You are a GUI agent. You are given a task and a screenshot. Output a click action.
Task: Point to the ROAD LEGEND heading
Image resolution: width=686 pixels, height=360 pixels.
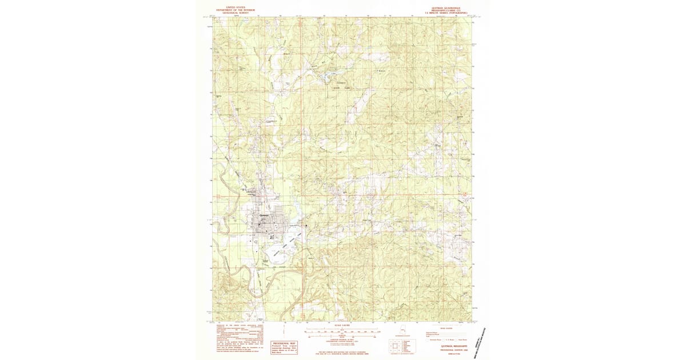(x=445, y=328)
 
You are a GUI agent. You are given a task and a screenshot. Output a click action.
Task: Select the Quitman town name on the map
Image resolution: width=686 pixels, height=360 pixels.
(x=264, y=215)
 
